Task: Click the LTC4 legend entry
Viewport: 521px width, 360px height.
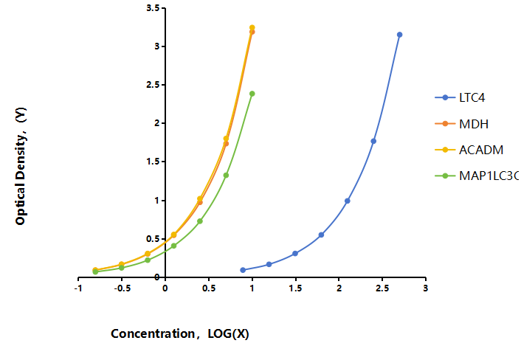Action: (x=460, y=97)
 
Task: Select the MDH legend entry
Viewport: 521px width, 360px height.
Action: (x=462, y=124)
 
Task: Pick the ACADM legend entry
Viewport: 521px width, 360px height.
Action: (x=469, y=150)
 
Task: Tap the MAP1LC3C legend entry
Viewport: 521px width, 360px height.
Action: (x=477, y=176)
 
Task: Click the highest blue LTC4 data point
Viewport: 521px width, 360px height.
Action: (x=399, y=35)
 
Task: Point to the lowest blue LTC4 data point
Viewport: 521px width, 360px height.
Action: (x=243, y=270)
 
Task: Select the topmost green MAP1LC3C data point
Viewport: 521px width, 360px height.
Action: (x=252, y=94)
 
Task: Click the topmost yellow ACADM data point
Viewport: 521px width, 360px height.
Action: (x=252, y=27)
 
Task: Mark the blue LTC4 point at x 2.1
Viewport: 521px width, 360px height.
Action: (x=348, y=201)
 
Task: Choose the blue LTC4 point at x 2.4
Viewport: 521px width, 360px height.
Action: (x=373, y=141)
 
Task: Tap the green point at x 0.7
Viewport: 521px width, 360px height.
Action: (x=226, y=176)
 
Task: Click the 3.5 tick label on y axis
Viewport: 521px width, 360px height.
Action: (x=153, y=8)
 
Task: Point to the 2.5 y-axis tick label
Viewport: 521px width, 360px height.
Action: (x=153, y=85)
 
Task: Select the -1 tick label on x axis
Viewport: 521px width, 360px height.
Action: (x=78, y=288)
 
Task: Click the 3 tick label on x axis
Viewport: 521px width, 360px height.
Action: (x=426, y=288)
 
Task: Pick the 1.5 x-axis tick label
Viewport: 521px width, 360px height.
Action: (x=295, y=288)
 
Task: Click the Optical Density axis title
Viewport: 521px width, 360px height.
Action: (x=20, y=166)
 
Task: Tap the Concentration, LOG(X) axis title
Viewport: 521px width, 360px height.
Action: (x=180, y=333)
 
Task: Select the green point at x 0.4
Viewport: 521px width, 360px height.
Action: (x=200, y=221)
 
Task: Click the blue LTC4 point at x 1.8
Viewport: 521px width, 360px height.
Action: (x=321, y=235)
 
